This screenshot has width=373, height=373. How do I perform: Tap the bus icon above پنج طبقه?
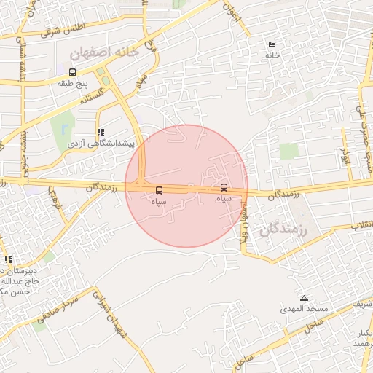tap(72, 72)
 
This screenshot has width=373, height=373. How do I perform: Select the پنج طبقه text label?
tap(72, 84)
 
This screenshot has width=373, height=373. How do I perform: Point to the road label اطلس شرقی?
tap(64, 29)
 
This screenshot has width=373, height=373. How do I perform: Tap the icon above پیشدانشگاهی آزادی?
tap(100, 133)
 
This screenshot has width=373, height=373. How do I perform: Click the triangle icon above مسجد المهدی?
tap(304, 298)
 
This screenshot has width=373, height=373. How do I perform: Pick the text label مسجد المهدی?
tap(304, 310)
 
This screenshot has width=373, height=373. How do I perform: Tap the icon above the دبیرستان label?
tap(8, 259)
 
